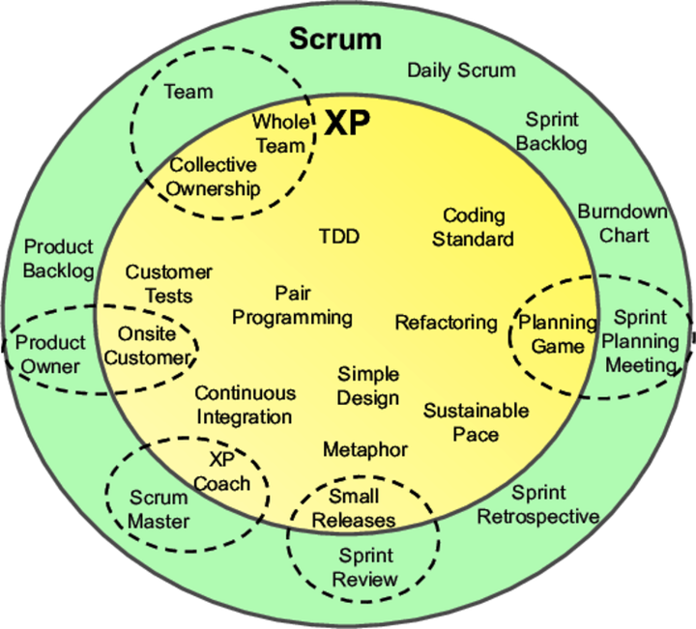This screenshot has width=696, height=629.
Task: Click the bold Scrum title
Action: click(335, 40)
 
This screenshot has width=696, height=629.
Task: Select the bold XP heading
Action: click(346, 123)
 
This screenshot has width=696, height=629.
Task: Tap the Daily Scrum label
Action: click(460, 70)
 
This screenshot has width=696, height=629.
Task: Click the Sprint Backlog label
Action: click(552, 131)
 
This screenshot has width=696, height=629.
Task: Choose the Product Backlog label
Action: click(59, 258)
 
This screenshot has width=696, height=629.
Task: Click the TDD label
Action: click(338, 236)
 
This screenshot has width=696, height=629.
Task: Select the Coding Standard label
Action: click(473, 227)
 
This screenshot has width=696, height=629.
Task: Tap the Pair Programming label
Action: click(292, 304)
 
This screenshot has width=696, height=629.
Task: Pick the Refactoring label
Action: click(446, 322)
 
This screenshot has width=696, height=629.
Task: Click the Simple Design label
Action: click(367, 386)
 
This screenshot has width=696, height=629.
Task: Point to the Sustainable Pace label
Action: click(476, 422)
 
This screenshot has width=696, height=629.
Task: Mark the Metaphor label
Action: click(364, 449)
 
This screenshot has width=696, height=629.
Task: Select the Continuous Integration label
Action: click(245, 406)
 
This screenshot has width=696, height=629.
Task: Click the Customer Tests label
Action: click(168, 284)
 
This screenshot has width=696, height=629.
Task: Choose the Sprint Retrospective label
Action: click(537, 504)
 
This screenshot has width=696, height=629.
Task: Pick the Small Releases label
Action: click(361, 508)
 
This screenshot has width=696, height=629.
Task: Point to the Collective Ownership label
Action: click(214, 177)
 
